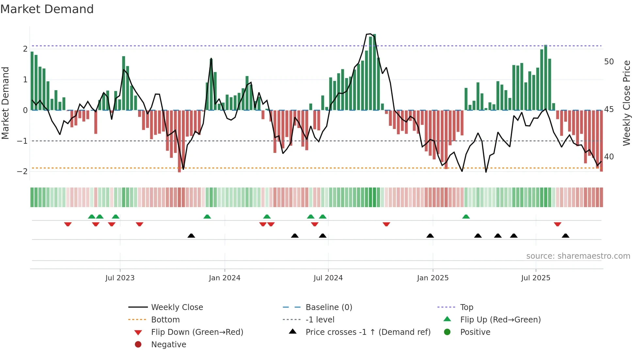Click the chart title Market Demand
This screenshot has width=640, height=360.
click(47, 9)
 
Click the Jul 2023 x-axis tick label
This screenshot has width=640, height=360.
click(120, 278)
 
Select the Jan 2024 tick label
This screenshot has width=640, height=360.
click(225, 278)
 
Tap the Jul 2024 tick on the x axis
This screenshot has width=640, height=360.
click(328, 278)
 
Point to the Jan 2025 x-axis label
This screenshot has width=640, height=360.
click(433, 278)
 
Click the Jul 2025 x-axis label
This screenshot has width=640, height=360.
click(536, 278)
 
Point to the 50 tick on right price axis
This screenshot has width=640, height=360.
click(609, 62)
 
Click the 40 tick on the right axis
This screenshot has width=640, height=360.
click(609, 157)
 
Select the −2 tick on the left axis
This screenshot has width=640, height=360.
click(22, 172)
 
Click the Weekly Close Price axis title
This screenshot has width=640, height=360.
click(626, 103)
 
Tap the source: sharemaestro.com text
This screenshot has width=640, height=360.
click(578, 256)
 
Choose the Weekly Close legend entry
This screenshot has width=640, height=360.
click(177, 307)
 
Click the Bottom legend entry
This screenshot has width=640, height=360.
click(165, 320)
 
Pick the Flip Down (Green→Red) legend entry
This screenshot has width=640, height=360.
click(197, 332)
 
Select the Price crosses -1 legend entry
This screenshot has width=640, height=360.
click(368, 332)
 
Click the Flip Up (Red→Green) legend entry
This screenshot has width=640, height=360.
click(500, 320)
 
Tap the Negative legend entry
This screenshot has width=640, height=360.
click(168, 345)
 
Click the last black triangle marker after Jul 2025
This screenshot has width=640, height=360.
click(566, 236)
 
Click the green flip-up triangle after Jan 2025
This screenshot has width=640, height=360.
click(466, 217)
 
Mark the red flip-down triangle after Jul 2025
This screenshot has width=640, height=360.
click(557, 224)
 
